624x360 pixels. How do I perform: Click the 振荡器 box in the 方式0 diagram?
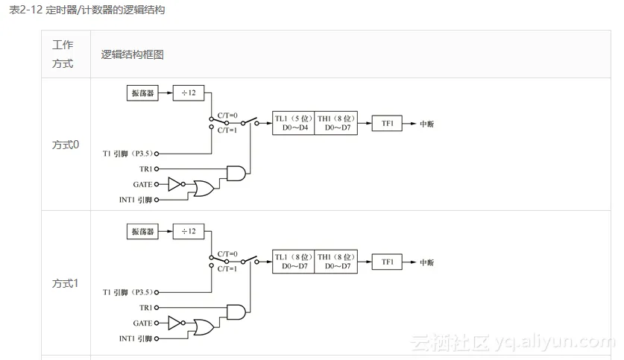[x=142, y=93]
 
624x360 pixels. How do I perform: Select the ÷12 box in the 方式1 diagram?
[x=187, y=231]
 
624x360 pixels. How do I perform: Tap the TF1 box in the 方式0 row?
[x=387, y=123]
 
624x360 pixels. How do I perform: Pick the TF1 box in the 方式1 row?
[x=387, y=262]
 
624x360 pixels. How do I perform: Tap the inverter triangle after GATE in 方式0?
[x=175, y=184]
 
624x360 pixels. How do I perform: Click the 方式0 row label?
[x=66, y=145]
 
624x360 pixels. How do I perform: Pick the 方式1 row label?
[x=66, y=283]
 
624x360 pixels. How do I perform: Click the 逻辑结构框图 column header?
[x=133, y=54]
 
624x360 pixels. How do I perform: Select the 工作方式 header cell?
[x=63, y=54]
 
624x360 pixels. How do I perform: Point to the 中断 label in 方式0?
[x=427, y=124]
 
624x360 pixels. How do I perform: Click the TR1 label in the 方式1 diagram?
[x=145, y=308]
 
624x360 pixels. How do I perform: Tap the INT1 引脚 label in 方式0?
[x=136, y=200]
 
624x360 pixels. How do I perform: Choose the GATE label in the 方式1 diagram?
[x=142, y=323]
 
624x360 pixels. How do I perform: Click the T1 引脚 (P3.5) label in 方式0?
[x=127, y=154]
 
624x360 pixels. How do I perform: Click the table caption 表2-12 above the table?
[x=86, y=10]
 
